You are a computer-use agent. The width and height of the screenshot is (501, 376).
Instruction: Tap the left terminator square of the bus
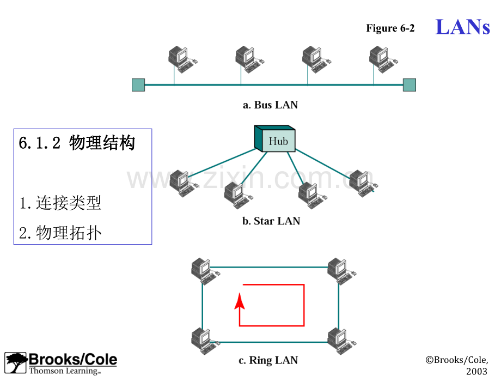click(x=138, y=85)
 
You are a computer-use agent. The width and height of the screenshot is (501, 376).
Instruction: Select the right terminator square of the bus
click(x=409, y=85)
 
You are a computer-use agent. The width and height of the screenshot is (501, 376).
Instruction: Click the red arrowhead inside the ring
click(x=239, y=301)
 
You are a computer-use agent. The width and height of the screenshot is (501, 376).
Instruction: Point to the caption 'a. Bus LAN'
click(x=270, y=105)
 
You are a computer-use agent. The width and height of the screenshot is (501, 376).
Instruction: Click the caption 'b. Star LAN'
click(x=271, y=221)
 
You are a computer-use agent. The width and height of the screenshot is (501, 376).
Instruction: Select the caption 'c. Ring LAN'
click(x=268, y=360)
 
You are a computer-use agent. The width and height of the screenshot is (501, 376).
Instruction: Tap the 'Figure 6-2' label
click(x=390, y=28)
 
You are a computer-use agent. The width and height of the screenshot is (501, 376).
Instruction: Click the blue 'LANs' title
click(x=463, y=27)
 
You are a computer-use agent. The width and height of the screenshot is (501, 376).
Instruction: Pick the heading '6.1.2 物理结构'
click(x=77, y=143)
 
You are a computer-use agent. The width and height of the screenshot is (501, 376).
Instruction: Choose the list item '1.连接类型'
click(x=60, y=203)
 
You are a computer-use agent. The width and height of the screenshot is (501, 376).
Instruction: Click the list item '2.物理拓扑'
click(x=60, y=233)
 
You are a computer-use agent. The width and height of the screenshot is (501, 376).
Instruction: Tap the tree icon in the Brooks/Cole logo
click(x=16, y=363)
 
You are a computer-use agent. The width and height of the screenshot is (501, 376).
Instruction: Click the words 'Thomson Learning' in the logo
click(x=64, y=371)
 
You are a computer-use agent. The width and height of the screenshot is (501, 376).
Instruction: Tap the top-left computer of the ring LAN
click(x=203, y=270)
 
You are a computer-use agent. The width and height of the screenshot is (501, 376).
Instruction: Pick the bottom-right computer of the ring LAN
click(x=340, y=341)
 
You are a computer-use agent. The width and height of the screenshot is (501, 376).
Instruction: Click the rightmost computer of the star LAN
click(x=361, y=183)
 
